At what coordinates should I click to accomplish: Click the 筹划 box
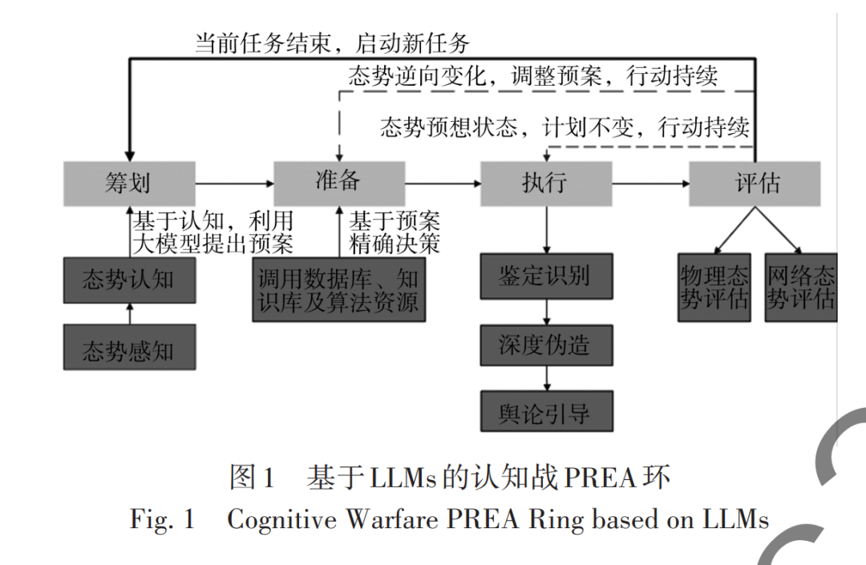(128, 184)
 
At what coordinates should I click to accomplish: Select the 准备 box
(338, 184)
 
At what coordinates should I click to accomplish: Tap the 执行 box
(545, 184)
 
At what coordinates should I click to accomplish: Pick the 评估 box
(755, 184)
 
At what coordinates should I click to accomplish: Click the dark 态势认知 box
(128, 280)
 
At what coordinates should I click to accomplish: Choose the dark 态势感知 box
(128, 348)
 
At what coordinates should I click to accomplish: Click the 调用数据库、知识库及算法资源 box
(338, 290)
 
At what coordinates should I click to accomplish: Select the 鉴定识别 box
(545, 276)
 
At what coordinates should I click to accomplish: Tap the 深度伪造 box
(545, 345)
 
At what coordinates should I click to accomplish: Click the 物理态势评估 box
(714, 289)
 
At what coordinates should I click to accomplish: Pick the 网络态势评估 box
(800, 289)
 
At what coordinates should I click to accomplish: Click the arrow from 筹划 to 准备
(234, 184)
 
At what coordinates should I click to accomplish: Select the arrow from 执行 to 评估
(649, 184)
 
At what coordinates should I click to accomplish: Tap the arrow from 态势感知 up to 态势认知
(128, 314)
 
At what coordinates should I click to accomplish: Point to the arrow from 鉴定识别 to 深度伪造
(545, 311)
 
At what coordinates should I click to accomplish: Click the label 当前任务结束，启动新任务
(332, 42)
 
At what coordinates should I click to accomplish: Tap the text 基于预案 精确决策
(394, 232)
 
